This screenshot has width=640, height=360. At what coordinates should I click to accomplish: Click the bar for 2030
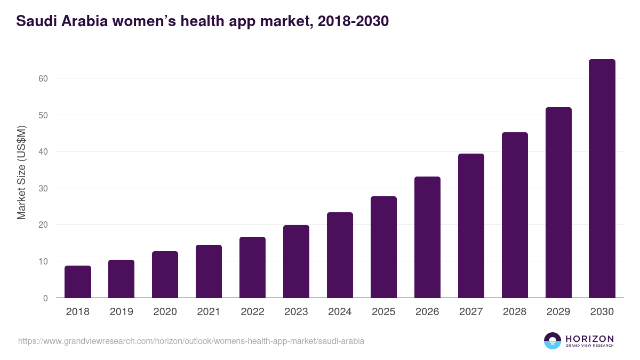(x=602, y=179)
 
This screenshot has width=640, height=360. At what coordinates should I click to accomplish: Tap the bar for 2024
(x=340, y=255)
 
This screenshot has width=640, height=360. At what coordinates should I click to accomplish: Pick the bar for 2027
(x=471, y=226)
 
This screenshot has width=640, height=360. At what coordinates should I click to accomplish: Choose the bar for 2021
(x=209, y=271)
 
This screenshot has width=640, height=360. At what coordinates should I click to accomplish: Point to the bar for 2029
(x=558, y=203)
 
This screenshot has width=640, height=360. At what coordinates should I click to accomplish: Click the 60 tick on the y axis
(x=43, y=78)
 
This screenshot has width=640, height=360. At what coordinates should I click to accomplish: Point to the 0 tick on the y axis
(x=45, y=298)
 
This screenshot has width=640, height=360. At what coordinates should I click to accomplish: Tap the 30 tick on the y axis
(x=43, y=188)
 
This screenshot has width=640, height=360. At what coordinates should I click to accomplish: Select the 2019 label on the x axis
(x=122, y=312)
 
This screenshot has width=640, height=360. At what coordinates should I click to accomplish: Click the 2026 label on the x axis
(x=427, y=312)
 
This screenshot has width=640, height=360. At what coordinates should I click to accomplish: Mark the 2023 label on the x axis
(x=296, y=312)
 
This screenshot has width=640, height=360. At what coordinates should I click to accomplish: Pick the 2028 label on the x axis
(x=515, y=312)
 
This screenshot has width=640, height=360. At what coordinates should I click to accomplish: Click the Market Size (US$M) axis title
(x=21, y=172)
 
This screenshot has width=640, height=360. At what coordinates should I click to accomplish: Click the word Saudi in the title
(x=35, y=21)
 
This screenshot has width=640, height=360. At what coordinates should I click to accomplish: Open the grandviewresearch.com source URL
(x=191, y=341)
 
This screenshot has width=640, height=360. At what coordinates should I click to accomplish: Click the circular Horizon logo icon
(x=553, y=341)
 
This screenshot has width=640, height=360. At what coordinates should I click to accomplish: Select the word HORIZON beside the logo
(x=589, y=338)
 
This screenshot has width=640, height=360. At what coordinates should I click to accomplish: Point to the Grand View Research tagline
(x=589, y=346)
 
